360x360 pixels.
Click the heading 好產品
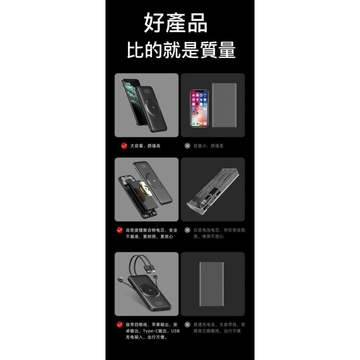click(176, 23)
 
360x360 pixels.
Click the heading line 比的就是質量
click(181, 50)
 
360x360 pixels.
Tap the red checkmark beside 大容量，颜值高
click(124, 146)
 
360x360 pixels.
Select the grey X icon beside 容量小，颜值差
click(188, 146)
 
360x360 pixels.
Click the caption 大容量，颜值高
click(145, 146)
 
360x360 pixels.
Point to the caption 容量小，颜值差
click(208, 146)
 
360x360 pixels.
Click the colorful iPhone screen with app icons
click(199, 108)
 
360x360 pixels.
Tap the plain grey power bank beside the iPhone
click(224, 105)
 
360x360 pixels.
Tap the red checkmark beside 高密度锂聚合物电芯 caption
click(120, 230)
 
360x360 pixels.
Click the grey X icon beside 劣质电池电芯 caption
click(188, 230)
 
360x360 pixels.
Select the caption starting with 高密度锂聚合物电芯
click(152, 233)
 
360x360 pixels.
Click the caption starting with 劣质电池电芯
click(219, 233)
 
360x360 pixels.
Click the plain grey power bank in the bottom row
click(212, 284)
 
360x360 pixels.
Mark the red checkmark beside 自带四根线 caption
click(120, 325)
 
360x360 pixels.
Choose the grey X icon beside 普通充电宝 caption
click(188, 325)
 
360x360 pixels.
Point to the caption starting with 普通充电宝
click(219, 328)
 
